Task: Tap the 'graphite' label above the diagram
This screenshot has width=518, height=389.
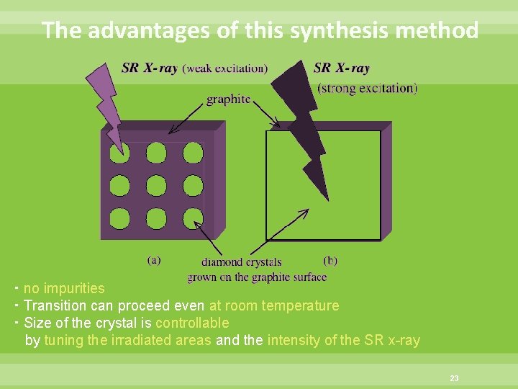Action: point(228,99)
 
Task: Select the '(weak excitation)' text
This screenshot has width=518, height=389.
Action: point(224,68)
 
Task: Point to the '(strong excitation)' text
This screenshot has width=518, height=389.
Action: point(367,89)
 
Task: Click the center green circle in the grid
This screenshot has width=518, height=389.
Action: point(156,184)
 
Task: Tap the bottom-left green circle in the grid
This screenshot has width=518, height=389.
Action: point(119,217)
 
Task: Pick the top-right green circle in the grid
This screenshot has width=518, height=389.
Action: point(193,152)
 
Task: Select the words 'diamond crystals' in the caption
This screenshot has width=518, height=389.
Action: point(241,262)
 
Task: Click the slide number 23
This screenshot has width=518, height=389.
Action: point(454,377)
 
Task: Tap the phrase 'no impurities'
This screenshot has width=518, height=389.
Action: point(64,288)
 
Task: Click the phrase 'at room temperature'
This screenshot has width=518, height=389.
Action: point(274,305)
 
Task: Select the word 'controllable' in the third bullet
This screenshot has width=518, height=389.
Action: point(192,323)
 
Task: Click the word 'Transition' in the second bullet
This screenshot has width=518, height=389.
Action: point(55,305)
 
